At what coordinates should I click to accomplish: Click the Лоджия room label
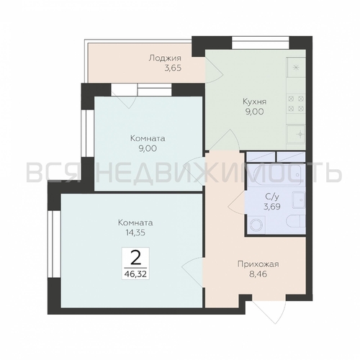coord(165,58)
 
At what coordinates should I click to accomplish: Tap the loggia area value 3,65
coord(172,68)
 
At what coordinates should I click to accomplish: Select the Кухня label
coord(255,102)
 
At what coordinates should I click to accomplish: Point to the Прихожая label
coord(258,264)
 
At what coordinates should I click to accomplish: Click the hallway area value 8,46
coord(258,274)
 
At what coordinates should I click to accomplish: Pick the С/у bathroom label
coord(272,197)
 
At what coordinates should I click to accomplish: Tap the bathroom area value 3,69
coord(272,207)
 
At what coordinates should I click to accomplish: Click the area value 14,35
coord(132,233)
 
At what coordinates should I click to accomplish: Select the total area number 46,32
coord(135,274)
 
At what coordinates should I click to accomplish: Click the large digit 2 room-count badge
coord(136,258)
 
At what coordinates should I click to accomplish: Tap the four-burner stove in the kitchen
coord(296,104)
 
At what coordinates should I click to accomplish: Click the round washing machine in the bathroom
coord(256,225)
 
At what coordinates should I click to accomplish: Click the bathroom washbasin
coord(299,199)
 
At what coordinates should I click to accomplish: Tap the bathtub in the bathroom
coord(276,176)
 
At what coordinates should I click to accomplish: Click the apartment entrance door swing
coord(269,312)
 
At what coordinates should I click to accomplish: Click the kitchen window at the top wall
coord(261,42)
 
